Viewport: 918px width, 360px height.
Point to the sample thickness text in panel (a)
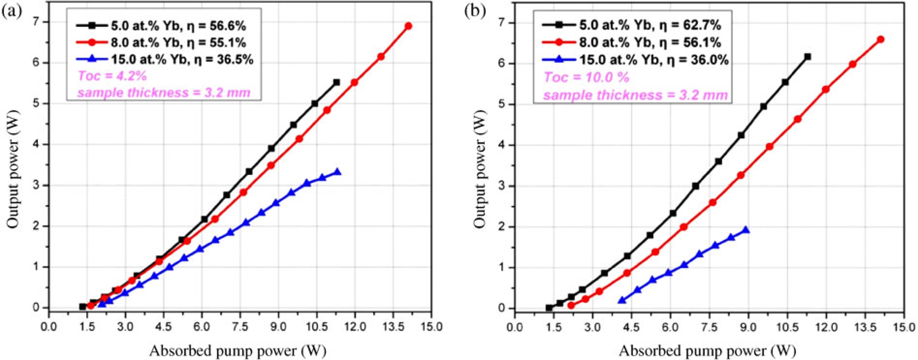pyautogui.click(x=164, y=93)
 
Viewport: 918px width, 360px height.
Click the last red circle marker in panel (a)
pyautogui.click(x=408, y=26)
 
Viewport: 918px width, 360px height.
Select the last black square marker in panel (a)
pyautogui.click(x=336, y=82)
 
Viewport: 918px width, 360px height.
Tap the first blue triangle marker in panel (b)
pyautogui.click(x=622, y=300)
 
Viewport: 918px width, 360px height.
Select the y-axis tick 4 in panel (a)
pyautogui.click(x=36, y=144)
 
